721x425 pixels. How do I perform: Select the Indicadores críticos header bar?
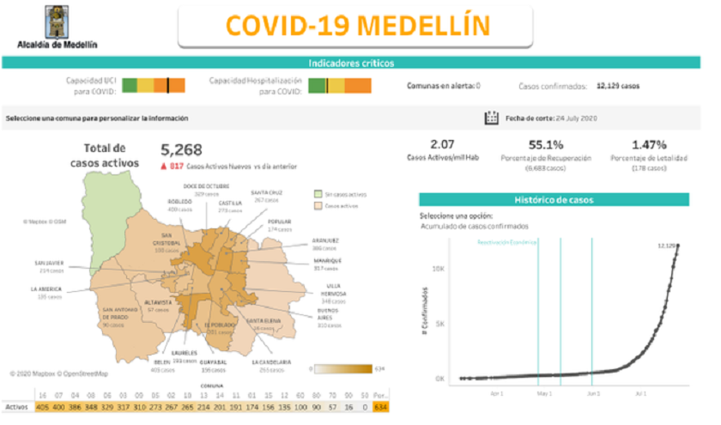pos(351,63)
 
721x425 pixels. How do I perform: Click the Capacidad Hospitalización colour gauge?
pos(339,85)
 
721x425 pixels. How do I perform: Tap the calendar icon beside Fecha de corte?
pos(492,118)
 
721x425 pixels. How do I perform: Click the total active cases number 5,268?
pos(180,150)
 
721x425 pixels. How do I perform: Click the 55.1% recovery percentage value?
pos(546,144)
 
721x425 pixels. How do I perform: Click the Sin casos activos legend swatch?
pos(318,194)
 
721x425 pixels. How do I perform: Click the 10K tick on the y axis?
pos(438,269)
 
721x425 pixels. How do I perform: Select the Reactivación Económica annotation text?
pos(506,243)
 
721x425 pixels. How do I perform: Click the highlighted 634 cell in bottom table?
pos(379,407)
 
